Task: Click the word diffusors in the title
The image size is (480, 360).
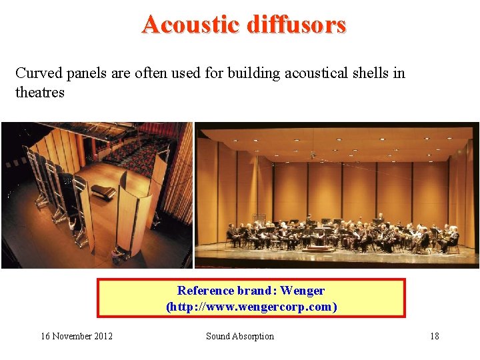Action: point(296,25)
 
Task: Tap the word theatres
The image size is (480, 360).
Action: point(40,93)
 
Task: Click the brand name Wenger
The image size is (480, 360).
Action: point(303,291)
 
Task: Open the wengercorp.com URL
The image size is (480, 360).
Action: point(251,307)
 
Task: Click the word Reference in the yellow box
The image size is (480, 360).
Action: point(205,291)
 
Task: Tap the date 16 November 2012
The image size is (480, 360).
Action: point(77,336)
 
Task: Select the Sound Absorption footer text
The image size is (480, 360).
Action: point(240,336)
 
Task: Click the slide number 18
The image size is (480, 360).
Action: point(434,336)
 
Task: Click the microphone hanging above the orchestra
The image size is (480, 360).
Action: point(313,155)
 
